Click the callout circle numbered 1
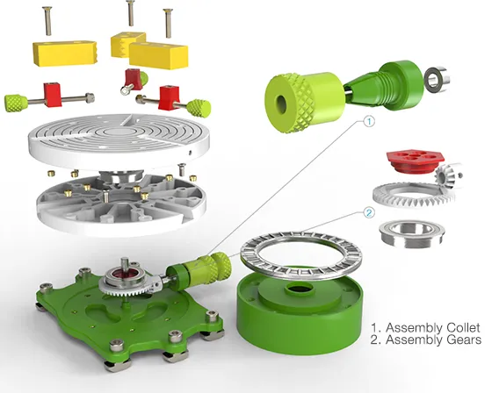(369, 121)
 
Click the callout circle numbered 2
(369, 213)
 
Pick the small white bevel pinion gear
(448, 177)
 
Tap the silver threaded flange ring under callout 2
(412, 233)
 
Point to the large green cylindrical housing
(300, 313)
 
